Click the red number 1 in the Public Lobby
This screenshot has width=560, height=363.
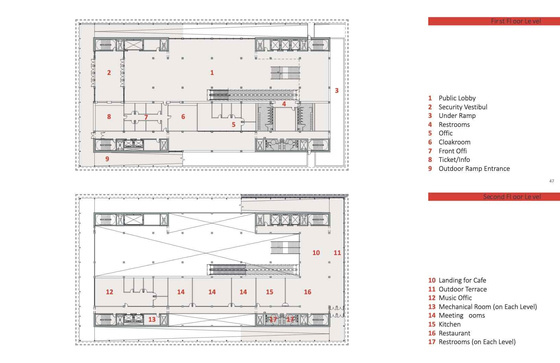click(212, 73)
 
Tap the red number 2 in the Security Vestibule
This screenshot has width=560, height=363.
click(109, 73)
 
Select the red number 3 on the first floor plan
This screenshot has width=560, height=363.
click(337, 90)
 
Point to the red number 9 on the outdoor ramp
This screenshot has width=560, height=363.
click(107, 159)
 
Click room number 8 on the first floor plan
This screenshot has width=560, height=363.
click(109, 117)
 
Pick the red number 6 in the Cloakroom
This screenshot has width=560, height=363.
click(183, 117)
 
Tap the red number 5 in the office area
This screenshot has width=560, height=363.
click(233, 124)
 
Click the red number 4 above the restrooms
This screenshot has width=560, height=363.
click(284, 104)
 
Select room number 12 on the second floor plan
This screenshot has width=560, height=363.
click(109, 292)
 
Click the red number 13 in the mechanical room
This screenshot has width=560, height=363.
click(152, 319)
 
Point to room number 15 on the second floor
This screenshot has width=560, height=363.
click(269, 292)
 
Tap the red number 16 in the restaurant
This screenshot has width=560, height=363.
click(307, 292)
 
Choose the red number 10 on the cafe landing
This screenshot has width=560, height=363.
click(316, 253)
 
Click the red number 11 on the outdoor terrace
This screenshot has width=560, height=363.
click(337, 253)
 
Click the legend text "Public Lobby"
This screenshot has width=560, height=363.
click(457, 98)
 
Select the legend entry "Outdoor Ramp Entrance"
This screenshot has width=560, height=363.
click(474, 169)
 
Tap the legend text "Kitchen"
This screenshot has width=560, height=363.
click(450, 324)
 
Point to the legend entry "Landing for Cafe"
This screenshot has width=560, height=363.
click(462, 280)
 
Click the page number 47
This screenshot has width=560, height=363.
click(551, 181)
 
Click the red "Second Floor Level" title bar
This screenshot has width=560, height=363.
click(494, 197)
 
